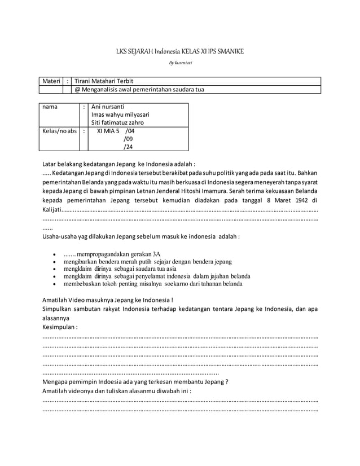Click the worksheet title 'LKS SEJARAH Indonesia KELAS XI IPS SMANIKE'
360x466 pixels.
179,52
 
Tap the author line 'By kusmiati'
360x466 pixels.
179,63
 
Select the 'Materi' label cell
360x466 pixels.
50,81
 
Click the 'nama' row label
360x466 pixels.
50,106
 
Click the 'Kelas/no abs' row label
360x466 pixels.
58,131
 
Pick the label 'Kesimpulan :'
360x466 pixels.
60,327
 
